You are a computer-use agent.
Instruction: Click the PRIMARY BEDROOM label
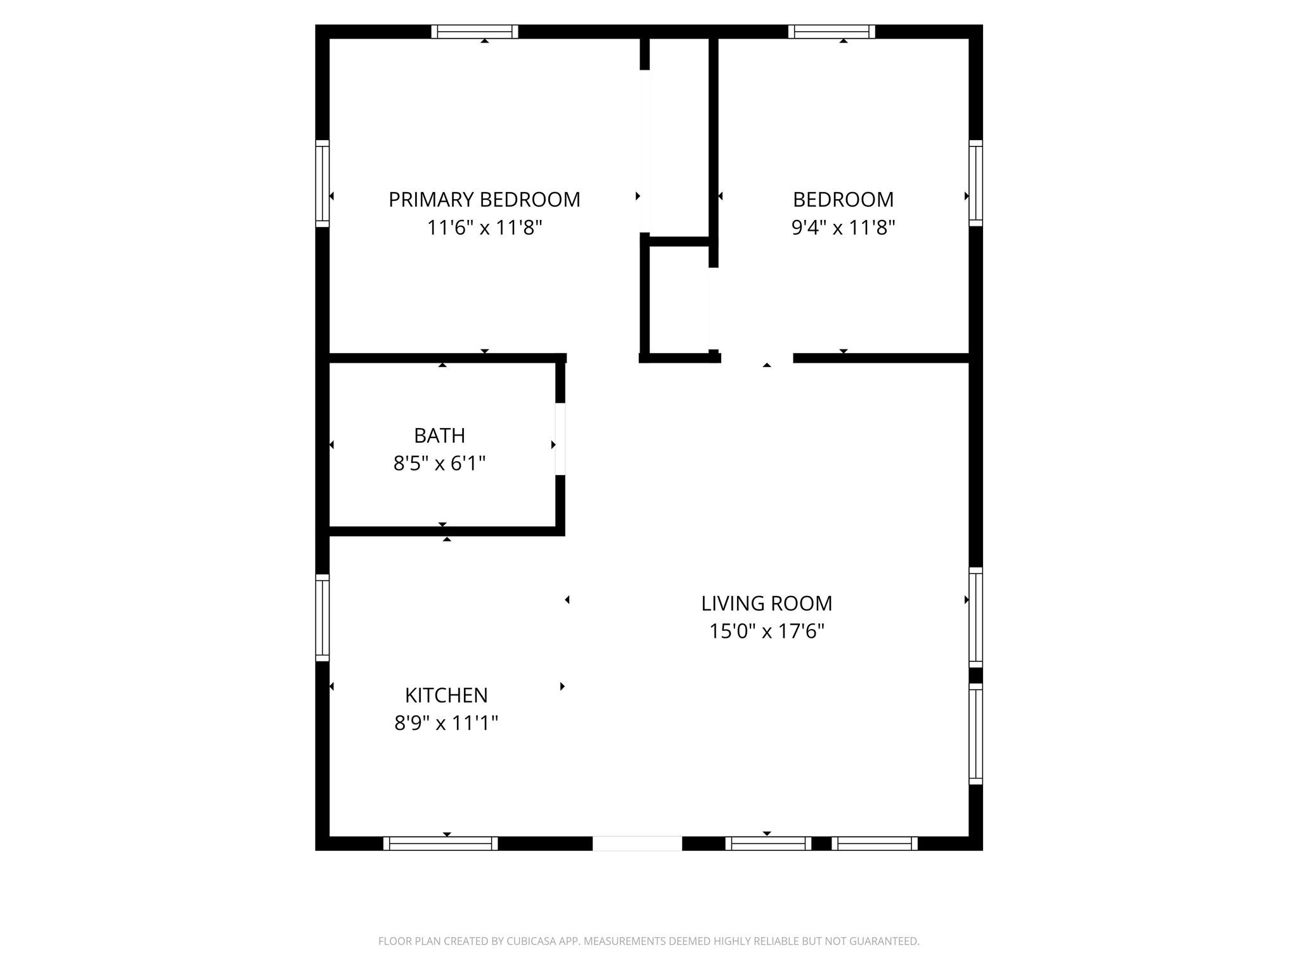(x=484, y=200)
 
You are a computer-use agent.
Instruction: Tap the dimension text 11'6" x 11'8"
(x=484, y=228)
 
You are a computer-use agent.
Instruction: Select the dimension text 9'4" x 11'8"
(x=843, y=228)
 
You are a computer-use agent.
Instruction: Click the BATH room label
(x=439, y=436)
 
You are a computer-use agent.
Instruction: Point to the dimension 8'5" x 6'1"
(x=439, y=464)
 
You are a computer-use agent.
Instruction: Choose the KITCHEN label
(x=446, y=696)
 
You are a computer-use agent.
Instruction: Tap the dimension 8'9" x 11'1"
(x=446, y=723)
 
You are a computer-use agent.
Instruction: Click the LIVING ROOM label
(x=766, y=604)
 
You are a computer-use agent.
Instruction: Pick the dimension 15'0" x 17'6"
(x=766, y=632)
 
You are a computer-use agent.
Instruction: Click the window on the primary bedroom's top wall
(x=475, y=32)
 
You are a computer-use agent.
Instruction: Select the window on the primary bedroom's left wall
(x=323, y=183)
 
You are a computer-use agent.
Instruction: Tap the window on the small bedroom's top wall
(x=832, y=32)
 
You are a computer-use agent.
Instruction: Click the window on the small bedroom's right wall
(x=975, y=183)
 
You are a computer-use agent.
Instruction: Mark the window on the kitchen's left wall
(x=323, y=618)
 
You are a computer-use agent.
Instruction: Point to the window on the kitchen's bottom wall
(x=440, y=843)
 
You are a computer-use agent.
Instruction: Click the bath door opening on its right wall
(x=560, y=439)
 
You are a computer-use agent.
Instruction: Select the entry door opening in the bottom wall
(x=637, y=843)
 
